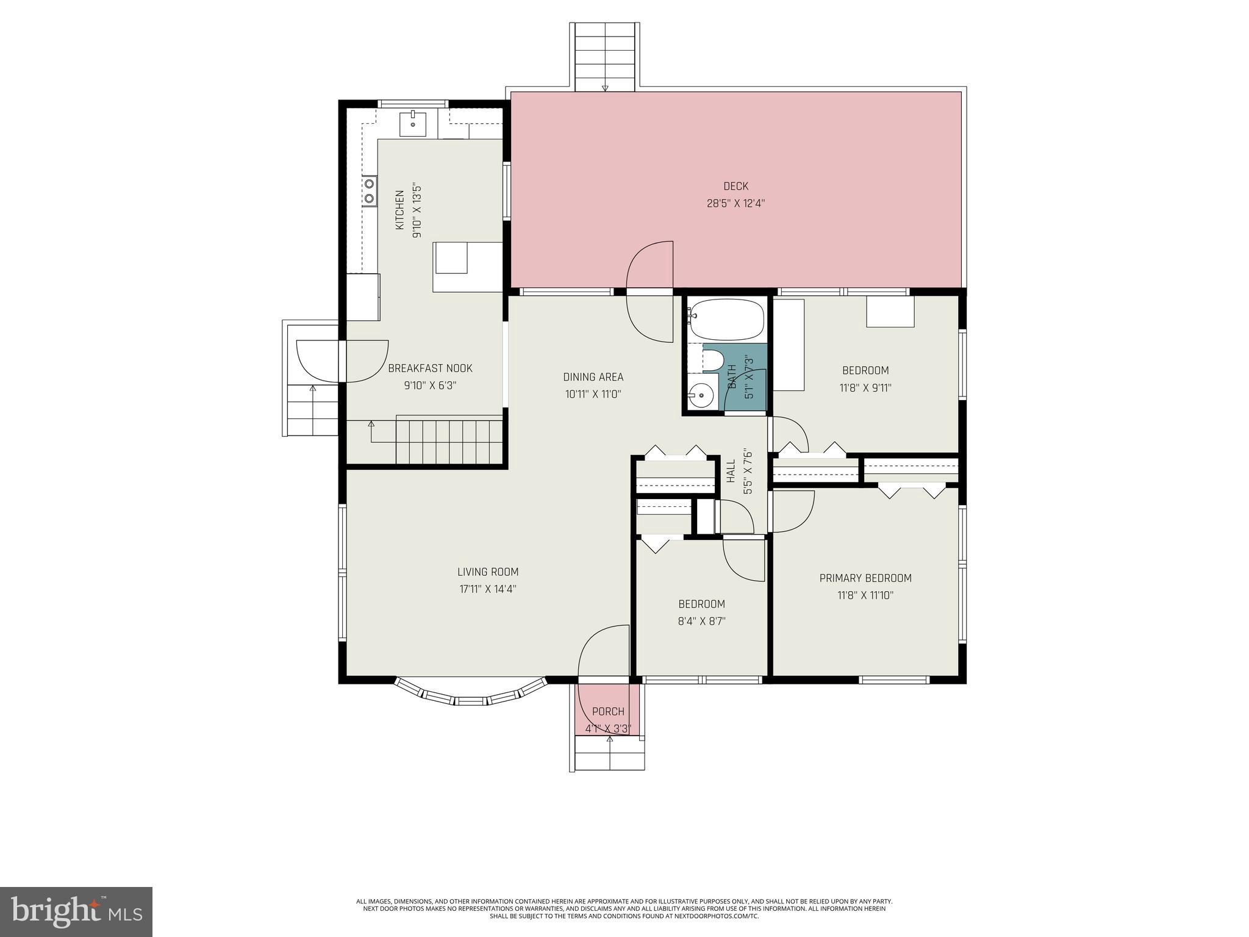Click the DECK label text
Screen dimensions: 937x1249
[735, 186]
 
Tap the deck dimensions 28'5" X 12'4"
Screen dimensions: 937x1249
[735, 203]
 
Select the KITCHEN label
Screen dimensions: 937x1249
[399, 210]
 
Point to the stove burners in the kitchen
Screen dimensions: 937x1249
[369, 190]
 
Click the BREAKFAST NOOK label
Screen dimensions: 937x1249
[430, 368]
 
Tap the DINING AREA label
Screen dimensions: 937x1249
[593, 377]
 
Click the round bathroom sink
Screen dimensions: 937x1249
[702, 396]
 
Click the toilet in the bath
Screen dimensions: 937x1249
[712, 360]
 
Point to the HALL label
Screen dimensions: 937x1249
[731, 471]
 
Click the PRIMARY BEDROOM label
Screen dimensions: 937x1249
[865, 578]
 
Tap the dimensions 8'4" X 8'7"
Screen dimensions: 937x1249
[701, 621]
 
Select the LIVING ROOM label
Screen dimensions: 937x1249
[488, 572]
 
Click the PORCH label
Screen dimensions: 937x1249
[608, 711]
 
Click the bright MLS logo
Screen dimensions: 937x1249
[76, 911]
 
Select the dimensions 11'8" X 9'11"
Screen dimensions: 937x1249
[865, 387]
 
